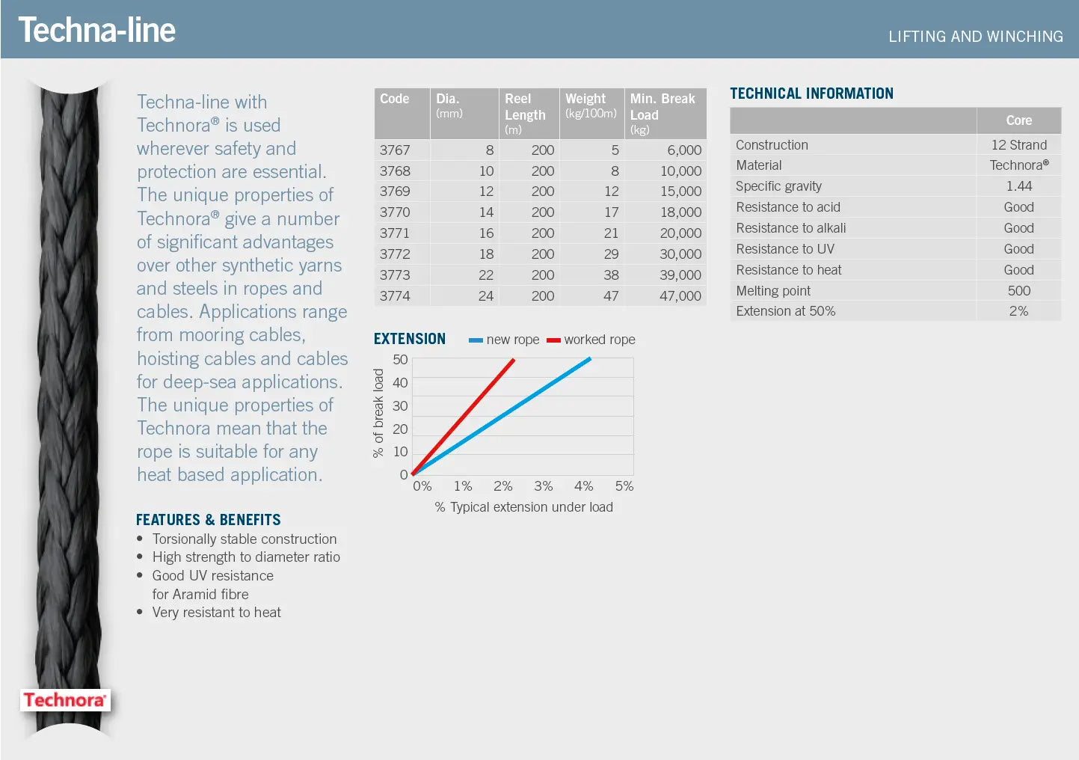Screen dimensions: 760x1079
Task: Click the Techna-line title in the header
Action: pos(96,30)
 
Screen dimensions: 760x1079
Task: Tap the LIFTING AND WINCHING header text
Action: pos(975,37)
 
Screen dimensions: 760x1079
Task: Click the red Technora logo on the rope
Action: pos(65,700)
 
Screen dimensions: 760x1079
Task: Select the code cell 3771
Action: pos(395,233)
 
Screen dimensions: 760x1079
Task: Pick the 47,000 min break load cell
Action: pos(680,296)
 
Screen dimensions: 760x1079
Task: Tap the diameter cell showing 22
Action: pos(486,275)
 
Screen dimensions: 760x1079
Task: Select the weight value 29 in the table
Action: pos(611,254)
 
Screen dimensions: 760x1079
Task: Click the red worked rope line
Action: pos(464,416)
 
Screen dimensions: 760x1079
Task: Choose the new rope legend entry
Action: pos(504,340)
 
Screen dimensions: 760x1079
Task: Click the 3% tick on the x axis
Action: pos(544,486)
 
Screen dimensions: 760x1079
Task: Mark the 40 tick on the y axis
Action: pos(400,383)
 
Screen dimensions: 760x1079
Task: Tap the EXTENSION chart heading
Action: pos(410,339)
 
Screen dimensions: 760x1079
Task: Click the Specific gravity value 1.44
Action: pos(1018,186)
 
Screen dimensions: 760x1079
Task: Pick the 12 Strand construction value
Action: pos(1018,145)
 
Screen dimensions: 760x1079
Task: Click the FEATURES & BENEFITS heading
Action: pos(209,520)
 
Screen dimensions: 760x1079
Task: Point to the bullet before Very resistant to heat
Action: pos(140,613)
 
